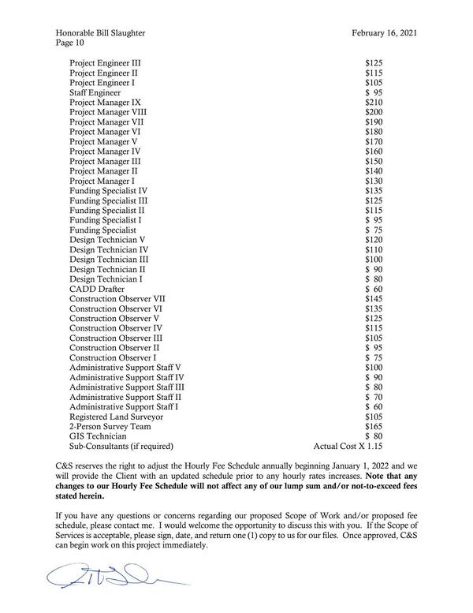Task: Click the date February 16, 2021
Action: point(384,32)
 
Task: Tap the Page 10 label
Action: point(73,43)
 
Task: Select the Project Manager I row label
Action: point(102,181)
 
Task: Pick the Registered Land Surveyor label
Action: point(117,416)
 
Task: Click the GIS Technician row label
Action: point(98,435)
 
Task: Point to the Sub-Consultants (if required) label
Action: point(121,446)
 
